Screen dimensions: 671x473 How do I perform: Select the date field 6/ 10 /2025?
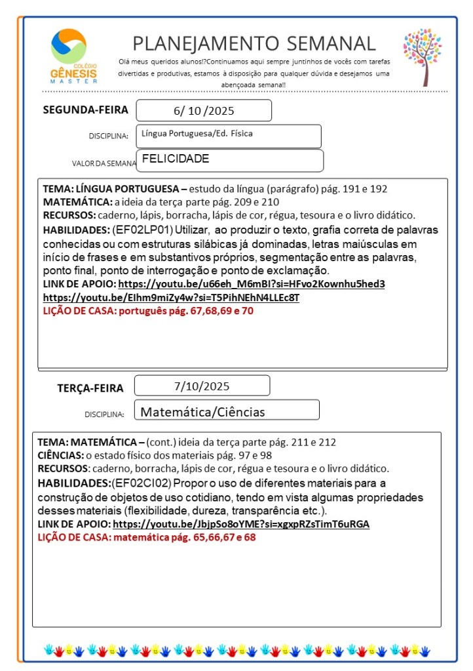204,111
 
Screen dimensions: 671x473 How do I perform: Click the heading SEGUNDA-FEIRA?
86,110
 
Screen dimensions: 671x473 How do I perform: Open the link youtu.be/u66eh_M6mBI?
252,284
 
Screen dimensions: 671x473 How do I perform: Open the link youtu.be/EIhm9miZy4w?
171,298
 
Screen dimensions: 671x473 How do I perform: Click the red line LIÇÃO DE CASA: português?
147,312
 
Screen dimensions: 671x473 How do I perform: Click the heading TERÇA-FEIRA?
90,388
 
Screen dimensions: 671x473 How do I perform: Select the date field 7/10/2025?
202,386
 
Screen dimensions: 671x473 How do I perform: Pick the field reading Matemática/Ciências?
226,412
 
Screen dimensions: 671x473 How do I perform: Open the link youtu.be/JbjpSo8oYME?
241,524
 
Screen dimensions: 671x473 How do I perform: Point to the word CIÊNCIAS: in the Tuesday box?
60,455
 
